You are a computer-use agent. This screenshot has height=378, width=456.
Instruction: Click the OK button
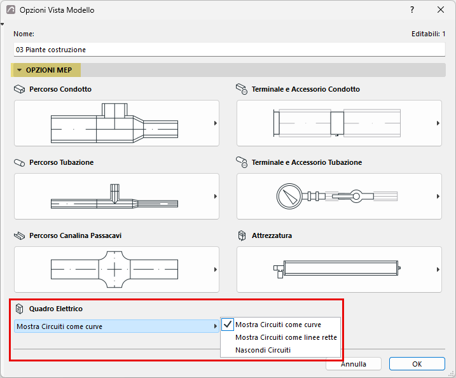(417, 364)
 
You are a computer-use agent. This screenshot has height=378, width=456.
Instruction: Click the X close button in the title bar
(441, 10)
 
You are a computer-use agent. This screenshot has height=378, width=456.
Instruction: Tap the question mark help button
(412, 10)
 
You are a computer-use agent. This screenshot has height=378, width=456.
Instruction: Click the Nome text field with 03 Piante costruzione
(229, 50)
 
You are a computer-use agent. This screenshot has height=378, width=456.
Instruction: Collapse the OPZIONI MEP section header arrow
(20, 70)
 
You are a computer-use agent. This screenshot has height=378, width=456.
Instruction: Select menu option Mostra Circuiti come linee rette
(286, 337)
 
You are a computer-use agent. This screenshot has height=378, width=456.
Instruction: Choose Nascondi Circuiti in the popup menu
(263, 350)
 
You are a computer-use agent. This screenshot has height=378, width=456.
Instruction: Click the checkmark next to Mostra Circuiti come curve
(228, 324)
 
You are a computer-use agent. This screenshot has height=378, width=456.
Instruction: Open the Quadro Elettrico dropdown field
(116, 326)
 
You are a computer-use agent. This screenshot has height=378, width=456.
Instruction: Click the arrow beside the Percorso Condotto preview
(216, 123)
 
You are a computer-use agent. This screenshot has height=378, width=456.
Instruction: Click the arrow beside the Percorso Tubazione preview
(216, 197)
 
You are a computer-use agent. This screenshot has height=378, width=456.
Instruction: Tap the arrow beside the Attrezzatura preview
(438, 269)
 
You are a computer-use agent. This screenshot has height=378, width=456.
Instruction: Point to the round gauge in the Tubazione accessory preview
(289, 197)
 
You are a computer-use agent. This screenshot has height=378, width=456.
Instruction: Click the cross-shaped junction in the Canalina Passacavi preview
(114, 269)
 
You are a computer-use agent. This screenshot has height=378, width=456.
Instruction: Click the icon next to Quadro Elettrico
(19, 309)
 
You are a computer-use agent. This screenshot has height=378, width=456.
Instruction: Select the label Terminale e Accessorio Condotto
(306, 89)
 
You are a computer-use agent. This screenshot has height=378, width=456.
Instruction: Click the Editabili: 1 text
(428, 34)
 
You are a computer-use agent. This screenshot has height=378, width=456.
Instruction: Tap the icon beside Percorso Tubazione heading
(20, 163)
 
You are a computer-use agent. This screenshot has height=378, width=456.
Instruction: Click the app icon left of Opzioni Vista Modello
(11, 10)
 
